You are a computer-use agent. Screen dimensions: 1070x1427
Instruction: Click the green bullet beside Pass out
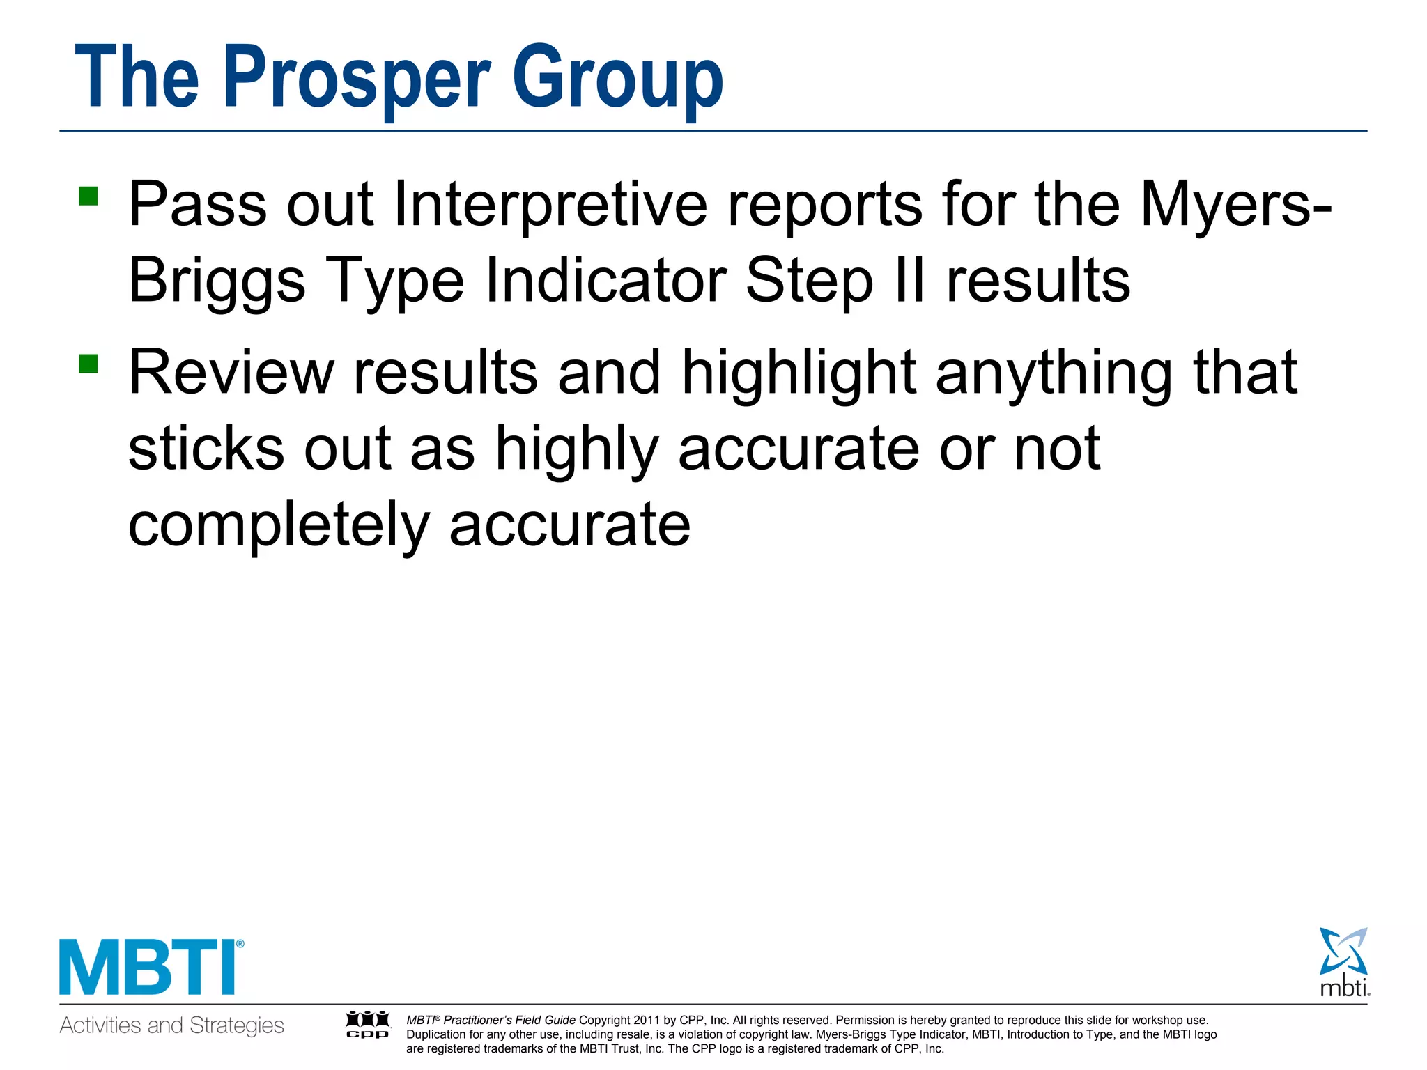click(88, 196)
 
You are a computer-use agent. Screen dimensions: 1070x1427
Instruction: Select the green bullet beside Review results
click(88, 364)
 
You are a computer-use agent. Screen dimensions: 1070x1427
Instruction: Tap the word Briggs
click(217, 281)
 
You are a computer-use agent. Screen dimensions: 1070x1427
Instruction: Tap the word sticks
click(206, 449)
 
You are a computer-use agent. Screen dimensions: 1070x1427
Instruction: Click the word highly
click(577, 450)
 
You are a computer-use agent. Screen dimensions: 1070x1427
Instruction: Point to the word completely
click(279, 525)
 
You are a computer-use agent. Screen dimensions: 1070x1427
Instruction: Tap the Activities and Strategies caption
click(171, 1025)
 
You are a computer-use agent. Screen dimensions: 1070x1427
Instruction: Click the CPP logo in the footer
click(368, 1024)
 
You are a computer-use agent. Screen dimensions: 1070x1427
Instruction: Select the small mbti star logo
click(1343, 961)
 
